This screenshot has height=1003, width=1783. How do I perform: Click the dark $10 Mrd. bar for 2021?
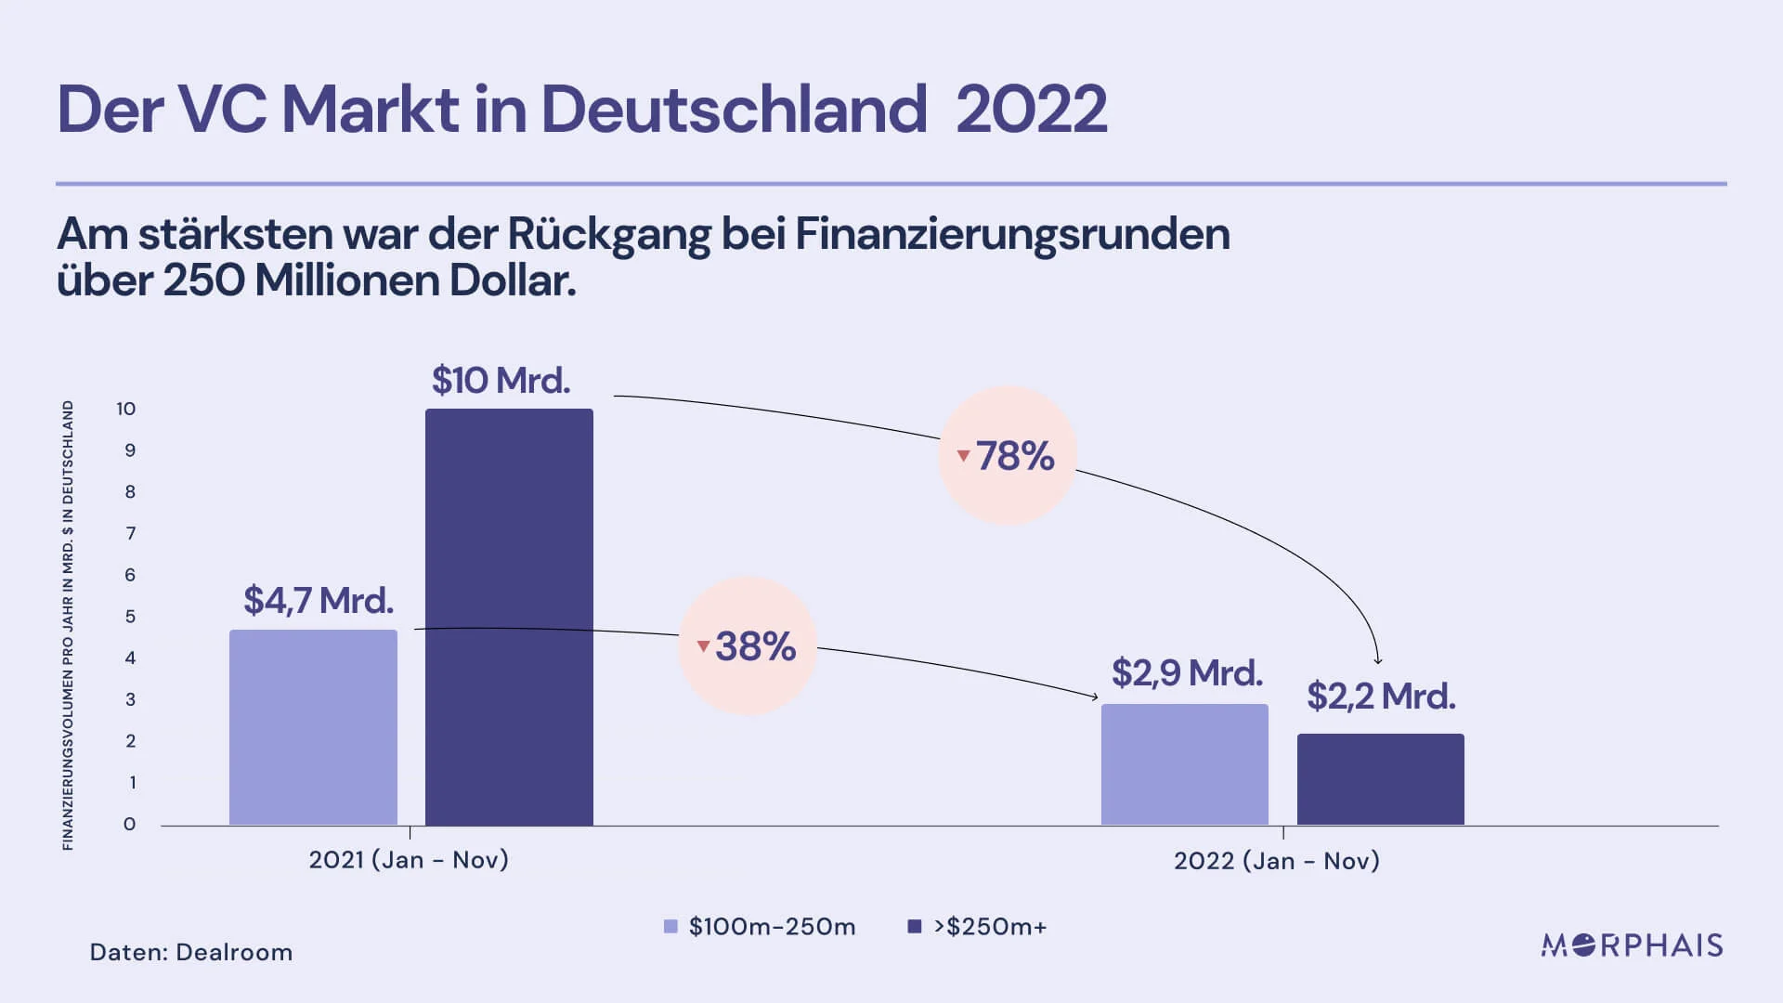509,617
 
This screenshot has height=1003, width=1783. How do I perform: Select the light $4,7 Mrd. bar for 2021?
313,727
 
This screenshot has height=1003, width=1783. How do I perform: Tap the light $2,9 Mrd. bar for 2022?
1185,764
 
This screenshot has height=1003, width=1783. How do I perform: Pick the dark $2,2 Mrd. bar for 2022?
1381,779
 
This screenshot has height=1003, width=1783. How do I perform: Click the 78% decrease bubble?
1008,455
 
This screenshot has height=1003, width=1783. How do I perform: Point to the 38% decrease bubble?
748,645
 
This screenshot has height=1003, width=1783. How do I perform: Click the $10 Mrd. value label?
501,381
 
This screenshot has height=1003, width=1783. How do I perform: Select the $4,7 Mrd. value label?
319,601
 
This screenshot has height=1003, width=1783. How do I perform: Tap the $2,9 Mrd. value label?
1187,673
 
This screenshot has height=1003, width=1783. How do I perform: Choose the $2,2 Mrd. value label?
1381,697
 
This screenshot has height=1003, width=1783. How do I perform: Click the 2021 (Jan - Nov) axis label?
409,860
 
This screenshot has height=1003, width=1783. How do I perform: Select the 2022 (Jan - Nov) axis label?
1277,861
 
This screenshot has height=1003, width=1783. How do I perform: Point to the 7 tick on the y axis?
130,533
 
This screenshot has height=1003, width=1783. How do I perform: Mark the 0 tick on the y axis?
129,824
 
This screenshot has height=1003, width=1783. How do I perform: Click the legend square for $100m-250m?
670,926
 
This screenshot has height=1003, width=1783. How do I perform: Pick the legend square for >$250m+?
914,926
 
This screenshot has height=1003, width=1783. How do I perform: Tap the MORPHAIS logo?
1632,945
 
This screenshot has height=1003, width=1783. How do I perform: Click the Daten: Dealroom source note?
191,952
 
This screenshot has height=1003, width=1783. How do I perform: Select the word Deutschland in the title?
734,109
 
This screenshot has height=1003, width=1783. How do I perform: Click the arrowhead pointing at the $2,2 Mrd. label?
1378,660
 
